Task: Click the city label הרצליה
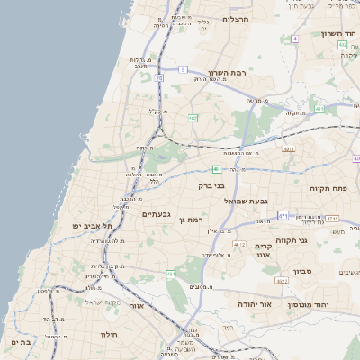(x=236, y=19)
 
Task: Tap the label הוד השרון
(x=339, y=34)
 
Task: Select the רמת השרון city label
(x=227, y=72)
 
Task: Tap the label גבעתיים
(x=158, y=214)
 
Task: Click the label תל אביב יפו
(x=94, y=226)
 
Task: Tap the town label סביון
(x=301, y=270)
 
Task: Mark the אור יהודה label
(x=262, y=306)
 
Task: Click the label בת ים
(x=22, y=343)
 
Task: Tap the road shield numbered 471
(x=283, y=216)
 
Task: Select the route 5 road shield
(x=183, y=69)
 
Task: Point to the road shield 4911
(x=288, y=149)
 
